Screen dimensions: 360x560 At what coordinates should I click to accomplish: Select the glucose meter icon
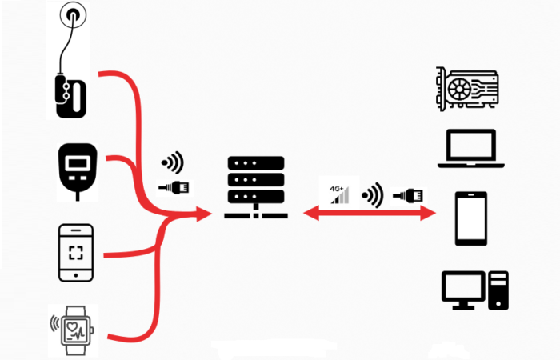tap(78, 169)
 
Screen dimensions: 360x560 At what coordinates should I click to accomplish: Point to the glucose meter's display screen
tap(78, 163)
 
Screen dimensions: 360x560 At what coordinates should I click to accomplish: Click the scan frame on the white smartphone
tap(76, 254)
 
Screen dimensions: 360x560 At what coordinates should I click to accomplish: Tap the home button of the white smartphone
tap(76, 274)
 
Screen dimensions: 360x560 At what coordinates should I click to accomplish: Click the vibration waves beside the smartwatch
tap(54, 325)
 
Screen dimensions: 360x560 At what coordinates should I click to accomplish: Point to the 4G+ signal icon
tap(339, 193)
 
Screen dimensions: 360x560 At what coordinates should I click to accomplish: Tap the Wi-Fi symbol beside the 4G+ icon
tap(371, 194)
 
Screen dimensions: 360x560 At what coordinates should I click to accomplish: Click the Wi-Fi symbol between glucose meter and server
tap(172, 163)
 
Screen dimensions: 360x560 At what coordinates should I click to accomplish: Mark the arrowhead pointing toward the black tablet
tap(429, 213)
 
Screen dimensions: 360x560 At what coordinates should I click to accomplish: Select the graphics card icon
tap(466, 89)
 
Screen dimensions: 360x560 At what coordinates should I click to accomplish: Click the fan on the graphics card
tap(462, 87)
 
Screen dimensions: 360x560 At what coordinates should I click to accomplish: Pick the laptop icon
tap(472, 150)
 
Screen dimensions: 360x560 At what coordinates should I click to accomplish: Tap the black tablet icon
tap(470, 218)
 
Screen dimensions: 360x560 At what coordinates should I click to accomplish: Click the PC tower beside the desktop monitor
tap(498, 290)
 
